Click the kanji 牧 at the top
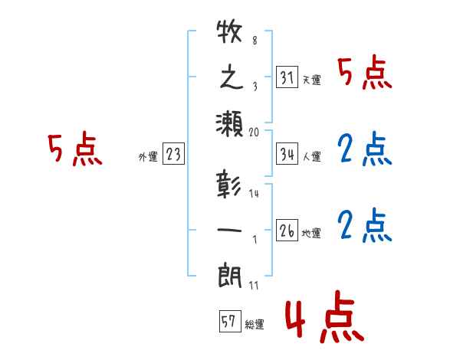[x=230, y=35]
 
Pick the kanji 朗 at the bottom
[x=230, y=273]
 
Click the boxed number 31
[x=287, y=77]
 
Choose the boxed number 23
[x=173, y=155]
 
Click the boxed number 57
[x=228, y=322]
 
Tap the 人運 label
[x=311, y=157]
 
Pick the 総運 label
[x=254, y=325]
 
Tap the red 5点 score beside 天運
[x=366, y=74]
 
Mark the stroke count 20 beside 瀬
[x=255, y=132]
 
